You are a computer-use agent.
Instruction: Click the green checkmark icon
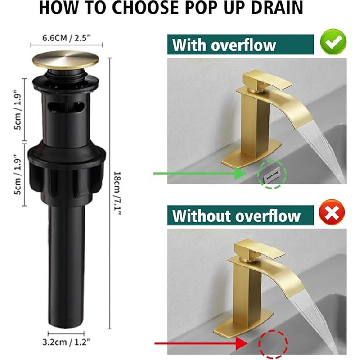(x=333, y=42)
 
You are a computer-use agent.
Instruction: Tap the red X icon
(x=332, y=212)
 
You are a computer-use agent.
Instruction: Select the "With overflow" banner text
(x=224, y=45)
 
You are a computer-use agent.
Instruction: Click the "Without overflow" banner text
(x=236, y=216)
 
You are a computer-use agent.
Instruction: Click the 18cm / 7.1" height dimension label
(x=117, y=193)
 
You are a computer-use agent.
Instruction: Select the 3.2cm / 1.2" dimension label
(x=67, y=342)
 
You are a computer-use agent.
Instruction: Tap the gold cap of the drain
(x=66, y=60)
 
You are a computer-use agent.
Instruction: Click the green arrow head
(x=240, y=173)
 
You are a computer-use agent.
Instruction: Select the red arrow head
(x=242, y=343)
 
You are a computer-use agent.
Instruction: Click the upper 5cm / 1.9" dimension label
(x=18, y=109)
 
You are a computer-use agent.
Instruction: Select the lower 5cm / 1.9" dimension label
(x=18, y=174)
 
